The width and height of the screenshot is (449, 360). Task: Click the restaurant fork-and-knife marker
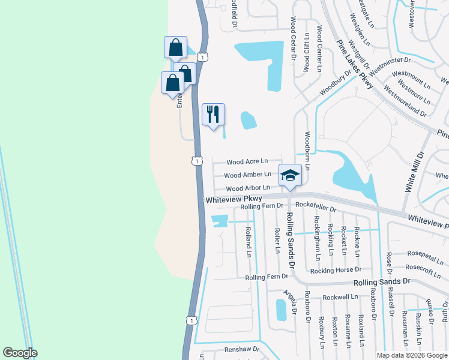(213, 114)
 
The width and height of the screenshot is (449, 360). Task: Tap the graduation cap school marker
(290, 175)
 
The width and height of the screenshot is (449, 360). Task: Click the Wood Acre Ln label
(247, 162)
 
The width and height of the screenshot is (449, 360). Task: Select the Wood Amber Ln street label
(247, 175)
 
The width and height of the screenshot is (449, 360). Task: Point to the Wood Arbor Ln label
(247, 188)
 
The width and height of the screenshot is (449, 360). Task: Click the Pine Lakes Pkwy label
(355, 64)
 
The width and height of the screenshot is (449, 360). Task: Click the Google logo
(20, 353)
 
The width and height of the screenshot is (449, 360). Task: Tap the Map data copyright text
(412, 355)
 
